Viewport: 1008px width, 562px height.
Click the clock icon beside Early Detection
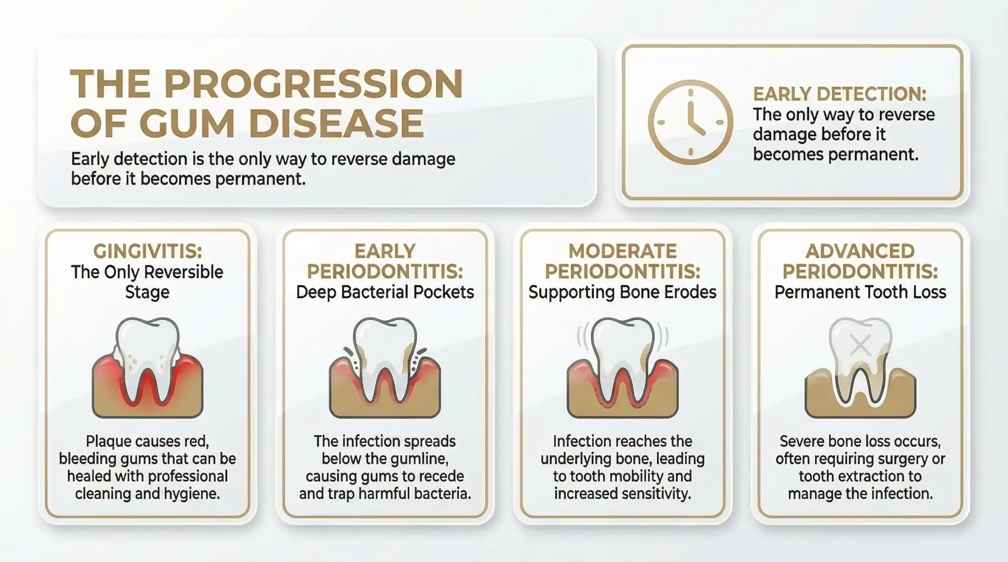click(690, 122)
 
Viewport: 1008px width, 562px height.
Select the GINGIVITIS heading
click(147, 251)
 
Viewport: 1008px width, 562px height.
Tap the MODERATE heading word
click(623, 251)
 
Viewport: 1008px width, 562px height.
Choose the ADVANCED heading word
click(860, 251)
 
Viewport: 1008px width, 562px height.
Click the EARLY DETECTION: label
click(840, 94)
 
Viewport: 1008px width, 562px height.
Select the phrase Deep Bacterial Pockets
click(385, 292)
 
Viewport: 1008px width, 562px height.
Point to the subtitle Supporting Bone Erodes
click(623, 292)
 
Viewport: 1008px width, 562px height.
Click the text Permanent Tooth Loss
click(860, 292)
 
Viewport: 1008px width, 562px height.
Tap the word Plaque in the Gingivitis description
click(107, 441)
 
